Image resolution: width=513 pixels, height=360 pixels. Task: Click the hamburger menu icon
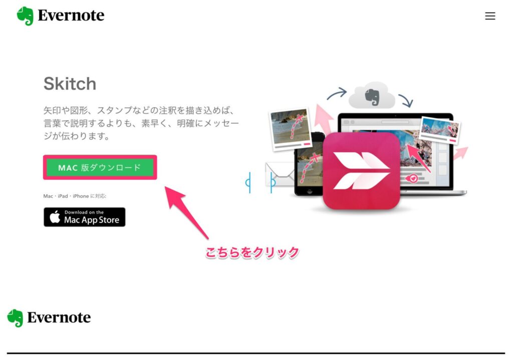coord(490,16)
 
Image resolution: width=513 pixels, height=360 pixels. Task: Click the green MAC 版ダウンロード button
coord(100,167)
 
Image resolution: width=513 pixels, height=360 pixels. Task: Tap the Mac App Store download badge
coord(84,217)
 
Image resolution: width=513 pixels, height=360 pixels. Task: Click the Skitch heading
coord(70,84)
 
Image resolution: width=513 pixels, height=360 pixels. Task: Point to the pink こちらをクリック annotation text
coord(252,252)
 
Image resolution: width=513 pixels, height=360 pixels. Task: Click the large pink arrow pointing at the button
coord(186,212)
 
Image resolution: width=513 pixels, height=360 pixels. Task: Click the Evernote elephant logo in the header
coord(25,16)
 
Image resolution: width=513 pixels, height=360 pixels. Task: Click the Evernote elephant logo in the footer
coord(15,318)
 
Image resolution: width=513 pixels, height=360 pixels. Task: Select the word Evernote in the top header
coord(71,16)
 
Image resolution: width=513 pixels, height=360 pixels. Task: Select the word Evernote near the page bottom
coord(59,317)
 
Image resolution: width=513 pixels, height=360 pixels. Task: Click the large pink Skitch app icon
coord(362,171)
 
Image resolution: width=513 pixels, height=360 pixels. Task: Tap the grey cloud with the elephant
coord(372,95)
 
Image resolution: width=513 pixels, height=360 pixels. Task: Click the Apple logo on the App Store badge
coord(55,216)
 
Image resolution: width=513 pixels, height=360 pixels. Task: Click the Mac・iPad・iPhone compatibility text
coord(75,196)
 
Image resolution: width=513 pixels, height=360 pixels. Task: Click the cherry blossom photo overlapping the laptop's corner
coord(440,130)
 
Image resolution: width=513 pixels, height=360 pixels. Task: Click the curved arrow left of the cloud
coord(337,94)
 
